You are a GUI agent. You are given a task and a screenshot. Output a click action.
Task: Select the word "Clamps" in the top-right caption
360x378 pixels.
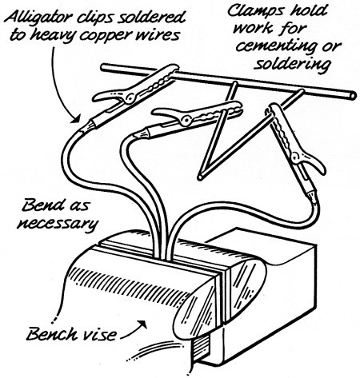251,11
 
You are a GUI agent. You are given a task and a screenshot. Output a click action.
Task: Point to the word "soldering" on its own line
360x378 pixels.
292,64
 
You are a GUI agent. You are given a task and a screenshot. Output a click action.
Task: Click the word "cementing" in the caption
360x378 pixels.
277,47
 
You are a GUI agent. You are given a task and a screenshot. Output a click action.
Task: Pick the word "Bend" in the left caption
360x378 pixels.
43,205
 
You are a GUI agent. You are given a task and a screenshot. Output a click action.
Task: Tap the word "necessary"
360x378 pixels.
58,223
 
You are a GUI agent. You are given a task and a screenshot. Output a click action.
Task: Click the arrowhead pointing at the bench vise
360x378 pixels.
143,324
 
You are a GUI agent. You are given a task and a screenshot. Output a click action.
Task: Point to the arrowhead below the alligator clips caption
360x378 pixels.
75,118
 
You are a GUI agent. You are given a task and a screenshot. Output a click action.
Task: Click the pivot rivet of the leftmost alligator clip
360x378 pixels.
130,97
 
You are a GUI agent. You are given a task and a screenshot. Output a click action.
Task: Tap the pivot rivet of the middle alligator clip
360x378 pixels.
185,119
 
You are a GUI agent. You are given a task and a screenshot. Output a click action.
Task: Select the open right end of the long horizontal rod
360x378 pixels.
353,95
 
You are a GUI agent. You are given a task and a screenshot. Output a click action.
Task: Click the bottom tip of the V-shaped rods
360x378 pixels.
200,177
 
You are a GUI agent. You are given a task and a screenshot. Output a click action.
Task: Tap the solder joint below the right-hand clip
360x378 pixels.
311,197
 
